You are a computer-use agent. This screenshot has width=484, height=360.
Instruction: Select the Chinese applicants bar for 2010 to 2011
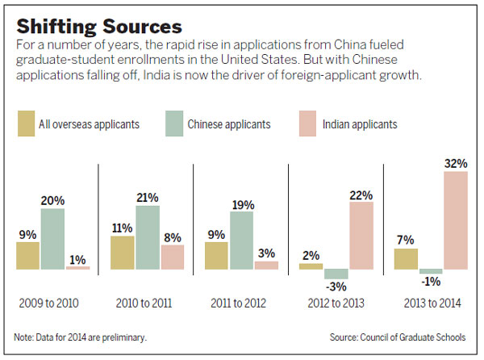[x=148, y=237]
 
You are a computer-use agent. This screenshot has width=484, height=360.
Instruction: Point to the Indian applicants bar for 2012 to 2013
[x=361, y=235]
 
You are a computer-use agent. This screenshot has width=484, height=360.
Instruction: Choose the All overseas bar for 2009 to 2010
[x=28, y=255]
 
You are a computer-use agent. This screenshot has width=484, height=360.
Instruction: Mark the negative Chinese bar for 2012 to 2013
[x=336, y=274]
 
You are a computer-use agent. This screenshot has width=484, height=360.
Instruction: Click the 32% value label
[x=456, y=162]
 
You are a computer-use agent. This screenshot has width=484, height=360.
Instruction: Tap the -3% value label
[x=336, y=286]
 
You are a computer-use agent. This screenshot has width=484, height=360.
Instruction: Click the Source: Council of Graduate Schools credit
[x=403, y=337]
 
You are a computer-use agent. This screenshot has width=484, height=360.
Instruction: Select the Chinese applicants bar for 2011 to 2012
[x=241, y=241]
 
